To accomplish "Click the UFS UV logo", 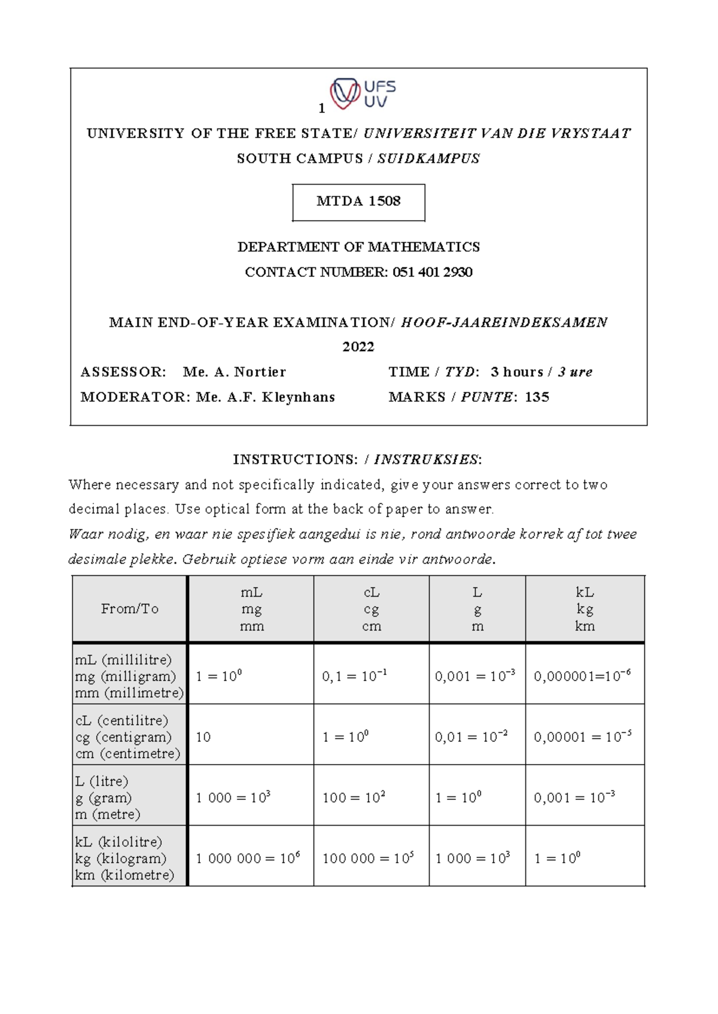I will [x=363, y=94].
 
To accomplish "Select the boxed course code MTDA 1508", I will [x=358, y=201].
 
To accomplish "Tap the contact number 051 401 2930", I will [x=433, y=272].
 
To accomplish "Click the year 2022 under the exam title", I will [x=358, y=347].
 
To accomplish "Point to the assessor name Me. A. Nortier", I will [x=235, y=372].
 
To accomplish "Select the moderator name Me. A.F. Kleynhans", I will [x=266, y=397].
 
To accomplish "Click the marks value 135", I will [x=537, y=397].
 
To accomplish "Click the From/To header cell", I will [x=130, y=609].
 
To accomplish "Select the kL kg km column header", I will [x=585, y=609].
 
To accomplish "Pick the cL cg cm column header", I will [x=372, y=609].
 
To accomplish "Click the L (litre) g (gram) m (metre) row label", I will [x=108, y=798].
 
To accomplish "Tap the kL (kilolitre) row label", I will [x=124, y=859].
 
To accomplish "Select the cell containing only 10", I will [x=203, y=737].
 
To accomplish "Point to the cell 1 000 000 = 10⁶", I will [x=248, y=859].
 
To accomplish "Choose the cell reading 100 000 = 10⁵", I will [x=368, y=859].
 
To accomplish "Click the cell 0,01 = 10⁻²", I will [x=471, y=737].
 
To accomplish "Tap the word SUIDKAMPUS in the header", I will [x=428, y=158].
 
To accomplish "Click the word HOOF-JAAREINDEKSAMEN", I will [x=504, y=322].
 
